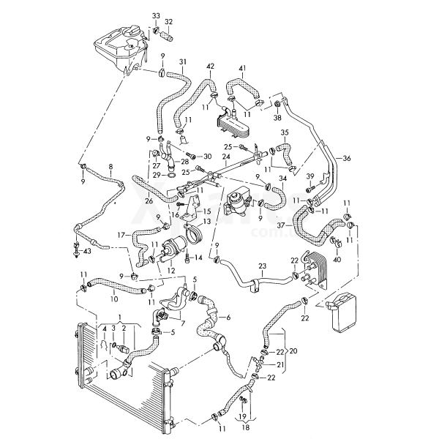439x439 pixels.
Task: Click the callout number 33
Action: (156, 15)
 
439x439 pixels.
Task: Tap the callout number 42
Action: (211, 67)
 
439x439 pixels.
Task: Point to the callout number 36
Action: (347, 158)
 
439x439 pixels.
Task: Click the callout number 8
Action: (110, 167)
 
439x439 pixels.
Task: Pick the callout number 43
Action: (88, 252)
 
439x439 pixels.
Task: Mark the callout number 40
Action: (337, 258)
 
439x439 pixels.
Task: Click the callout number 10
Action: (113, 298)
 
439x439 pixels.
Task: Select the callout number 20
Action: (293, 350)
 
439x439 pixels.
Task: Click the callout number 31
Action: (183, 61)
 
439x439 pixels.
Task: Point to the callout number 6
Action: (228, 317)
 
